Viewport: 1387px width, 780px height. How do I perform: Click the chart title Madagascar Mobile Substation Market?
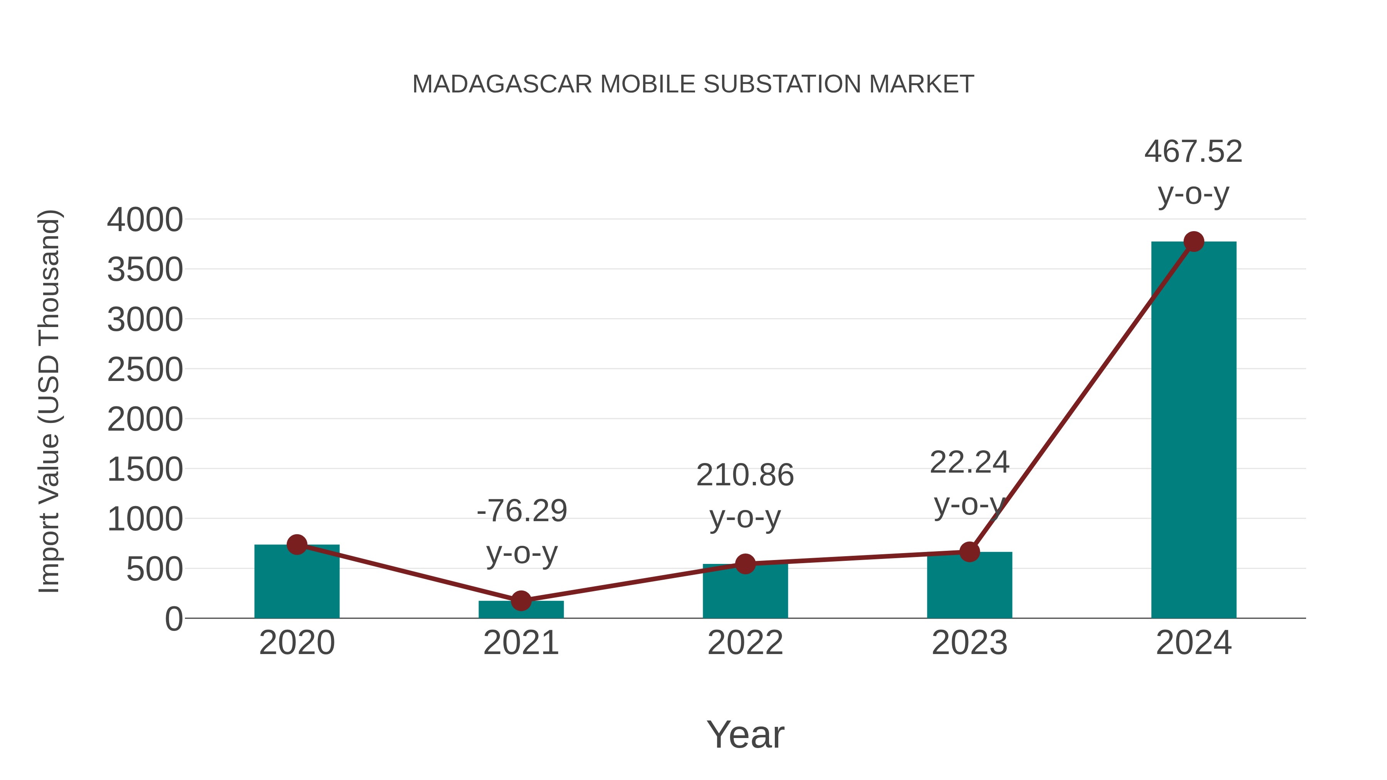[693, 84]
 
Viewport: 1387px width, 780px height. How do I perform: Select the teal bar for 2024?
[1194, 431]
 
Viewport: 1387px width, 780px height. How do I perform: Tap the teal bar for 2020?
[297, 584]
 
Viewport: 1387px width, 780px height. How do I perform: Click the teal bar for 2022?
[745, 592]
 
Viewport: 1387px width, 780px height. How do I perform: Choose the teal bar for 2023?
[969, 587]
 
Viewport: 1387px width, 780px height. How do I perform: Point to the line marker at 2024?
[1194, 242]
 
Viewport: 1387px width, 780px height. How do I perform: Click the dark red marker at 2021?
[521, 601]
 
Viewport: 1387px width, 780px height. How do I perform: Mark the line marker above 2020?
[297, 545]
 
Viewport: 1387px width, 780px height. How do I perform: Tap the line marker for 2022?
[745, 564]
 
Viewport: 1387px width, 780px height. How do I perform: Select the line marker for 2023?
[969, 552]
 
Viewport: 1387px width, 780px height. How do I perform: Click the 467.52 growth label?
[1193, 152]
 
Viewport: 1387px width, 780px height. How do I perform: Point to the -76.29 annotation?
[522, 511]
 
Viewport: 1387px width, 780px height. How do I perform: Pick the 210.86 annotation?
[745, 475]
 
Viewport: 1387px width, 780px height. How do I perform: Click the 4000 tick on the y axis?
[145, 220]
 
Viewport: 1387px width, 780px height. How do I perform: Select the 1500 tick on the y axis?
[145, 470]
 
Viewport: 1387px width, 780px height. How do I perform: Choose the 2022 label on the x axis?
[745, 643]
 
